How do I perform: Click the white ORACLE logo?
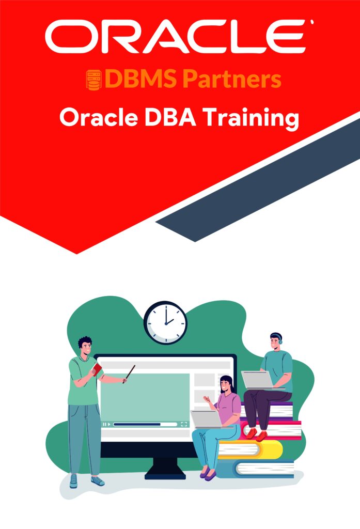click(x=179, y=37)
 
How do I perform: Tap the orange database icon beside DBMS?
click(x=93, y=80)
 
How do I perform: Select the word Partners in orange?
click(x=232, y=79)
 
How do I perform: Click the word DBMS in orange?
click(x=140, y=79)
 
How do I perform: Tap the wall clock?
click(x=165, y=322)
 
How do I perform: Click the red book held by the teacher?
click(x=97, y=369)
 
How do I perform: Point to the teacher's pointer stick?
click(x=129, y=374)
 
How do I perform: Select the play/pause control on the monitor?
click(x=106, y=424)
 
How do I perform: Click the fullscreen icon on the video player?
click(x=184, y=424)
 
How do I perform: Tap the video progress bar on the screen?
click(x=145, y=424)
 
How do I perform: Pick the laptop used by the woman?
click(x=206, y=419)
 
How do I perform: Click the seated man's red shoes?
click(x=256, y=434)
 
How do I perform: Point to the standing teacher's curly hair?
click(x=85, y=342)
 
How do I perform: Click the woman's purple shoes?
click(x=208, y=474)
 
